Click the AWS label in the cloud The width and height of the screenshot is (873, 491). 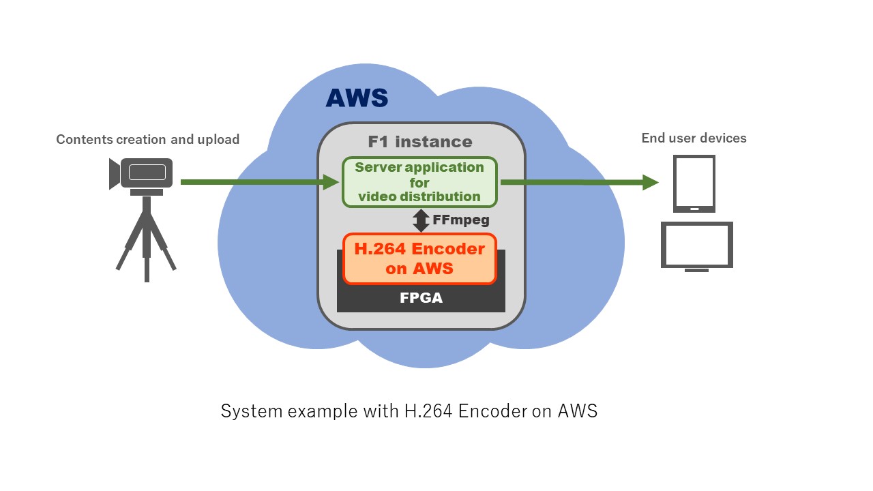357,98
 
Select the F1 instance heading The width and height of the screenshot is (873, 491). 419,142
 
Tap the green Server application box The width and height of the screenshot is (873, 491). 419,182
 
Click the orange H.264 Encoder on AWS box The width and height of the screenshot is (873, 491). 419,258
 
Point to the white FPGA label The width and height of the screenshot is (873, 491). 421,298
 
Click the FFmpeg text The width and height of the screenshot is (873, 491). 461,220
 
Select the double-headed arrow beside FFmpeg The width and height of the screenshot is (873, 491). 421,220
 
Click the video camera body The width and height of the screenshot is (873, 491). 147,173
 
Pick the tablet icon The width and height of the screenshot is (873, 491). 694,183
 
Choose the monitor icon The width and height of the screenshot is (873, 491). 696,245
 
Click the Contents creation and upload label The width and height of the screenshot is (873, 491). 147,139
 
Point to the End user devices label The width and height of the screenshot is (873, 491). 694,138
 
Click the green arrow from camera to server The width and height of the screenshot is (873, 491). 259,182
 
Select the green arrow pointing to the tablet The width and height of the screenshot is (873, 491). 580,182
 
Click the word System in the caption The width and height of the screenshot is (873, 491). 242,411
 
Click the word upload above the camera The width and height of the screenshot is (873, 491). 218,139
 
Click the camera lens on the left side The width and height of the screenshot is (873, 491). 114,174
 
